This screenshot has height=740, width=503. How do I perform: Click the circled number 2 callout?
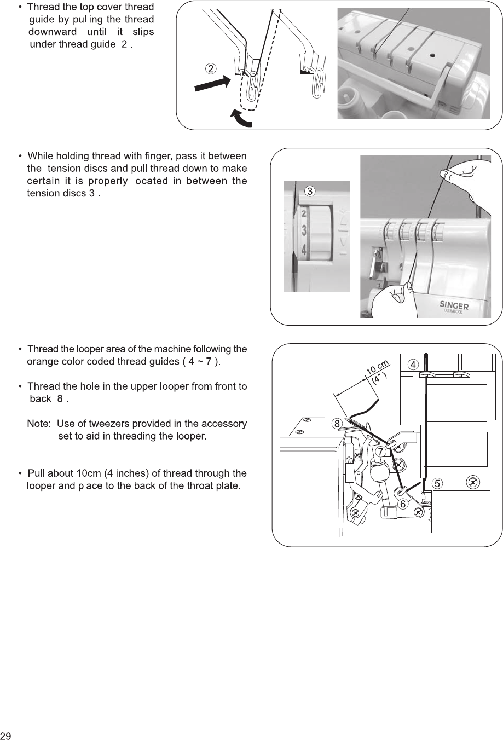pyautogui.click(x=211, y=68)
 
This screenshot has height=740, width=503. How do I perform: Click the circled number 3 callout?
pyautogui.click(x=310, y=191)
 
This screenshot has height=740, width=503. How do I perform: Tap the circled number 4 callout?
pyautogui.click(x=414, y=364)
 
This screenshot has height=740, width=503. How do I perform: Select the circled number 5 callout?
pyautogui.click(x=437, y=483)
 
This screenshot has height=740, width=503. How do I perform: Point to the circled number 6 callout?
pyautogui.click(x=403, y=504)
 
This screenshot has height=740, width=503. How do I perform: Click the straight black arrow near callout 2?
pyautogui.click(x=210, y=84)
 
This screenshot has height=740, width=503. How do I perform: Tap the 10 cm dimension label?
pyautogui.click(x=377, y=369)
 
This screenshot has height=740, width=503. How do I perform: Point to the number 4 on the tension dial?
pyautogui.click(x=304, y=250)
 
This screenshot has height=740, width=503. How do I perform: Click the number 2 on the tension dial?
pyautogui.click(x=304, y=215)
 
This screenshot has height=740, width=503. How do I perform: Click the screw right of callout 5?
pyautogui.click(x=473, y=482)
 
